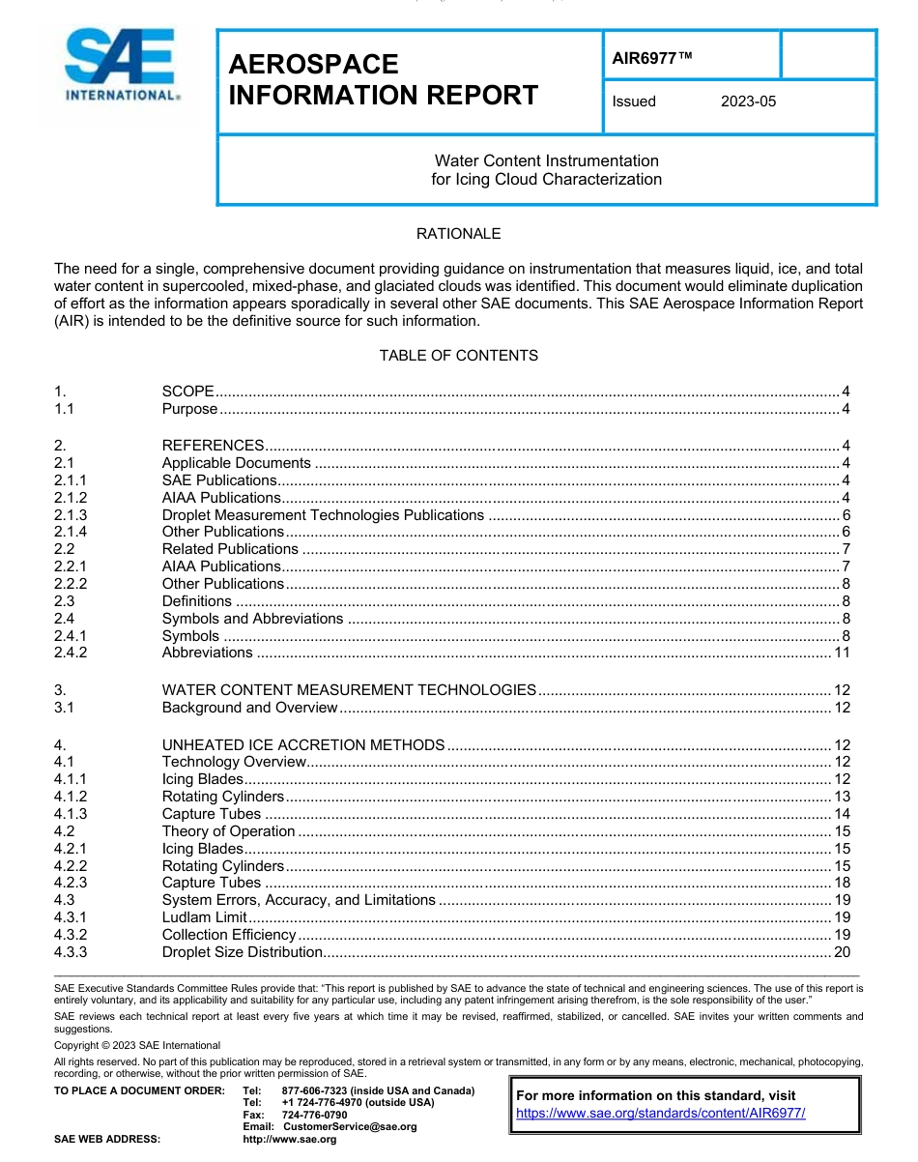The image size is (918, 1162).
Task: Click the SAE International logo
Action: [121, 66]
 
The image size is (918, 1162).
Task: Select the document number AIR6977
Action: [652, 57]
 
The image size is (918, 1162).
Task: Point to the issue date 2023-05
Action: [748, 102]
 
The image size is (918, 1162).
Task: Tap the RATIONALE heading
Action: [458, 234]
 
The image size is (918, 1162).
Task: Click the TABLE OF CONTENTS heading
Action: [458, 356]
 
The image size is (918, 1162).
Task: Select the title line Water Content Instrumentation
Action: [546, 160]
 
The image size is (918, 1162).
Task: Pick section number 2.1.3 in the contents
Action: [71, 515]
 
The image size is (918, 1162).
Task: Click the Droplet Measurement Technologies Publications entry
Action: [323, 515]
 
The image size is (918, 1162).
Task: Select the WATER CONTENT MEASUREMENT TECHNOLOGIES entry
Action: [349, 690]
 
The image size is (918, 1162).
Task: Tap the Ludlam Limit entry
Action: [205, 917]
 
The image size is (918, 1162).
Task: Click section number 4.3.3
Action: [71, 952]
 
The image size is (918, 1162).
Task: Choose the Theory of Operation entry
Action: [229, 831]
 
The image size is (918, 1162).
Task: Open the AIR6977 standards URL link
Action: [661, 1113]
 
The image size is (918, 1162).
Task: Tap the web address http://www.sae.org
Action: [290, 1140]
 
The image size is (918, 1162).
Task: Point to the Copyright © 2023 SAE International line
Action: [137, 1045]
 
